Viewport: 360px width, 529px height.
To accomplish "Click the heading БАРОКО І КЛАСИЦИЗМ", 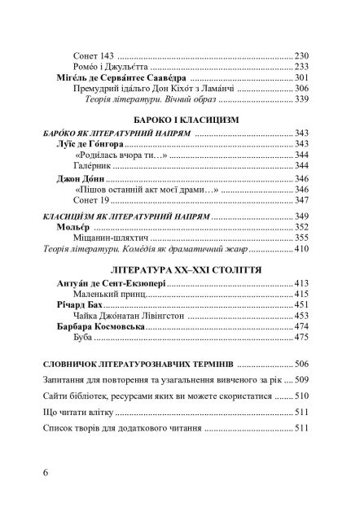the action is [179, 120].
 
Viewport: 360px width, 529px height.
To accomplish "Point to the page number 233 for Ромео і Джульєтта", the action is [304, 66].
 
